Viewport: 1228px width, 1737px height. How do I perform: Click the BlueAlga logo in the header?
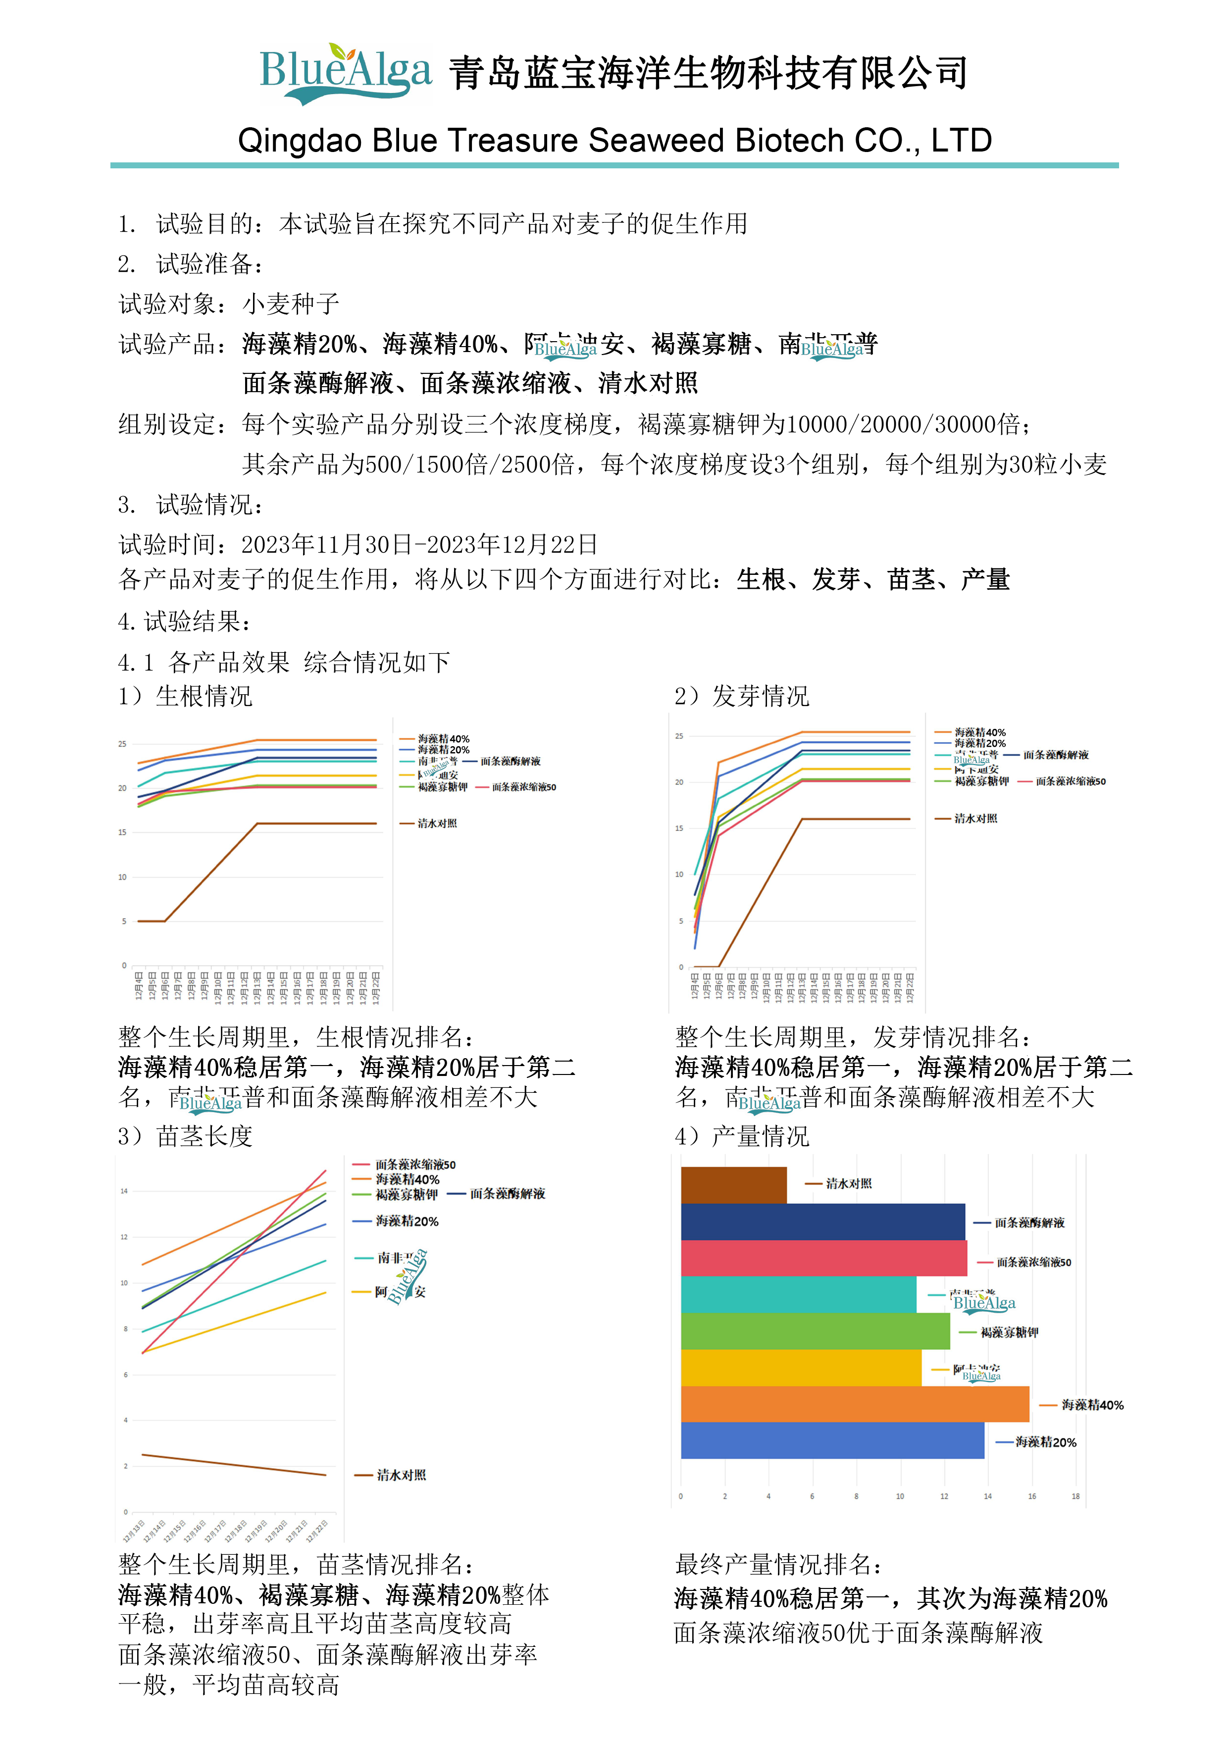pyautogui.click(x=345, y=73)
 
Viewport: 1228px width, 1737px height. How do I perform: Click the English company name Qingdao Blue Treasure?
pyautogui.click(x=614, y=141)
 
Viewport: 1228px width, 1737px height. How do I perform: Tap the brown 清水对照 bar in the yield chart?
pyautogui.click(x=733, y=1185)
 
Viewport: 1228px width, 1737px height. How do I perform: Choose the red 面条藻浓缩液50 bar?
pyautogui.click(x=823, y=1258)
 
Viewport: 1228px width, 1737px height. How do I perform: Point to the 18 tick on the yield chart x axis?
pyautogui.click(x=1075, y=1496)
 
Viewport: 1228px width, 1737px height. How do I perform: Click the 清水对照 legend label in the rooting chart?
pyautogui.click(x=437, y=823)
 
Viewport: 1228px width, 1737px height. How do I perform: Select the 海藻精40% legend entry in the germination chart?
pyautogui.click(x=980, y=732)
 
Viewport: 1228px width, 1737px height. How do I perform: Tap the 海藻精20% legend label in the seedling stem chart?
pyautogui.click(x=407, y=1221)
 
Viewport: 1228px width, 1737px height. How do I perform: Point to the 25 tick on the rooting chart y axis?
pyautogui.click(x=123, y=744)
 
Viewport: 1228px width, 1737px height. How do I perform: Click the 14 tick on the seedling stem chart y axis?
pyautogui.click(x=124, y=1191)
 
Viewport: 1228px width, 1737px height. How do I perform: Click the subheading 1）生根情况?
pyautogui.click(x=185, y=696)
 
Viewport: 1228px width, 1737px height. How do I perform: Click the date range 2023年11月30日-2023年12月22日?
pyautogui.click(x=419, y=544)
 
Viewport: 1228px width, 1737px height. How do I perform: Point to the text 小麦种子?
pyautogui.click(x=291, y=304)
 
